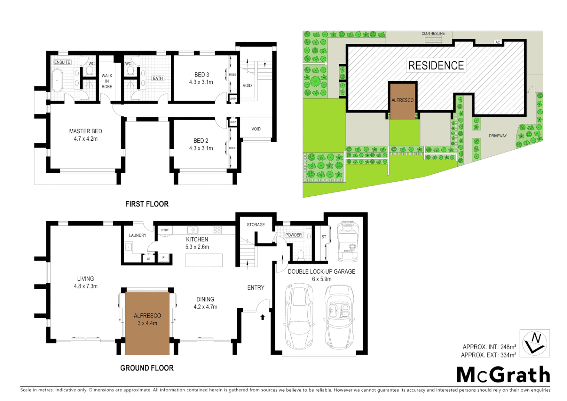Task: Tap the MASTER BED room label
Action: [x=85, y=131]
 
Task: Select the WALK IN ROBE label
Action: [x=107, y=81]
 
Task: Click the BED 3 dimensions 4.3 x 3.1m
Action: [x=201, y=82]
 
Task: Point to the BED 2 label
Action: [x=201, y=141]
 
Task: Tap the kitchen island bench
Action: [x=204, y=260]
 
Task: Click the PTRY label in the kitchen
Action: [x=165, y=230]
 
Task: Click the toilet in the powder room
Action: [x=301, y=255]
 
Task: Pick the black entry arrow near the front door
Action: [x=263, y=317]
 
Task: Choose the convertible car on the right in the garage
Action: [x=339, y=316]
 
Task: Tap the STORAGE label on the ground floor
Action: [x=256, y=225]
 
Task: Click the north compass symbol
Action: [x=534, y=343]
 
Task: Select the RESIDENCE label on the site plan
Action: [x=436, y=66]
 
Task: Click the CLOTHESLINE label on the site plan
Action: [x=433, y=33]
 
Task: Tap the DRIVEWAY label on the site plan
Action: [x=498, y=136]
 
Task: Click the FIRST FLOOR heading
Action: [x=147, y=204]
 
